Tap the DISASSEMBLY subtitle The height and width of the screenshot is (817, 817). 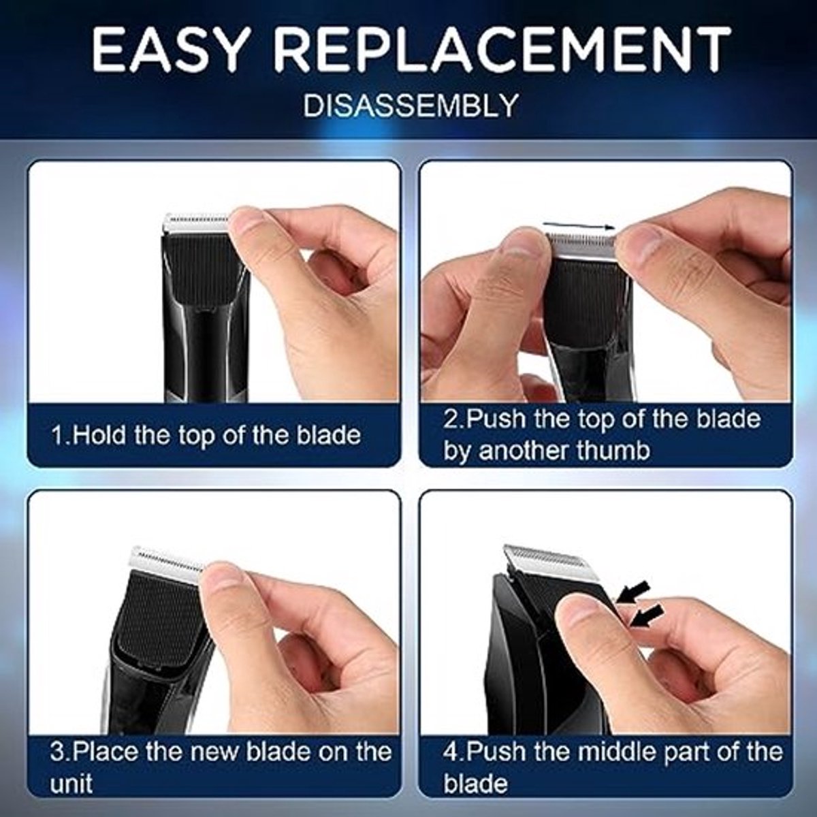(x=411, y=105)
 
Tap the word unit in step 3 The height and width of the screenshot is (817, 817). (x=70, y=784)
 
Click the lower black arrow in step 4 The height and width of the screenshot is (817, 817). (x=645, y=615)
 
